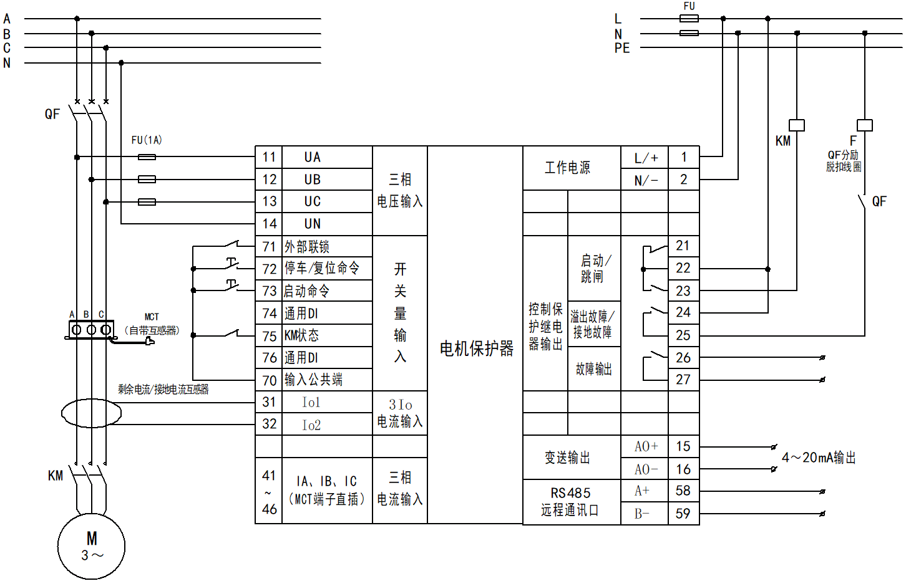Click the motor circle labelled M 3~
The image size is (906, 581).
pyautogui.click(x=91, y=546)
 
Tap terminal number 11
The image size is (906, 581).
pyautogui.click(x=269, y=157)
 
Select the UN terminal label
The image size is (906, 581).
pyautogui.click(x=313, y=224)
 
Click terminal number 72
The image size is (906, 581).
pyautogui.click(x=269, y=269)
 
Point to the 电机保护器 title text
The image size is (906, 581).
pyautogui.click(x=476, y=348)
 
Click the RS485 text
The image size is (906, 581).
pyautogui.click(x=570, y=493)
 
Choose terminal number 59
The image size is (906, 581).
pyautogui.click(x=683, y=514)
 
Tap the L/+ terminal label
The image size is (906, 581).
pyautogui.click(x=646, y=158)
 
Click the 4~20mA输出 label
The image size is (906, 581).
pyautogui.click(x=818, y=458)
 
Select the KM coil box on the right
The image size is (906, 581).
pyautogui.click(x=797, y=125)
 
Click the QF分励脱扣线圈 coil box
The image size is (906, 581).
pyautogui.click(x=865, y=125)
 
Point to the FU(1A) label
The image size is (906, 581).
pyautogui.click(x=147, y=140)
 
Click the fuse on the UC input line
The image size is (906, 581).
pyautogui.click(x=147, y=202)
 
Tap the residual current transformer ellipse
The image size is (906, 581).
pyautogui.click(x=91, y=413)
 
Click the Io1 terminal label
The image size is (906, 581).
pyautogui.click(x=311, y=403)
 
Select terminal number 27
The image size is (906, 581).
pyautogui.click(x=683, y=380)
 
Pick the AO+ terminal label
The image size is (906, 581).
pyautogui.click(x=646, y=446)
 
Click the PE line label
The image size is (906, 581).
pyautogui.click(x=622, y=48)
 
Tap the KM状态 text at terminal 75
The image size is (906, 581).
pyautogui.click(x=301, y=336)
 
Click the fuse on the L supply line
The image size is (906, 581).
pyautogui.click(x=689, y=19)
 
